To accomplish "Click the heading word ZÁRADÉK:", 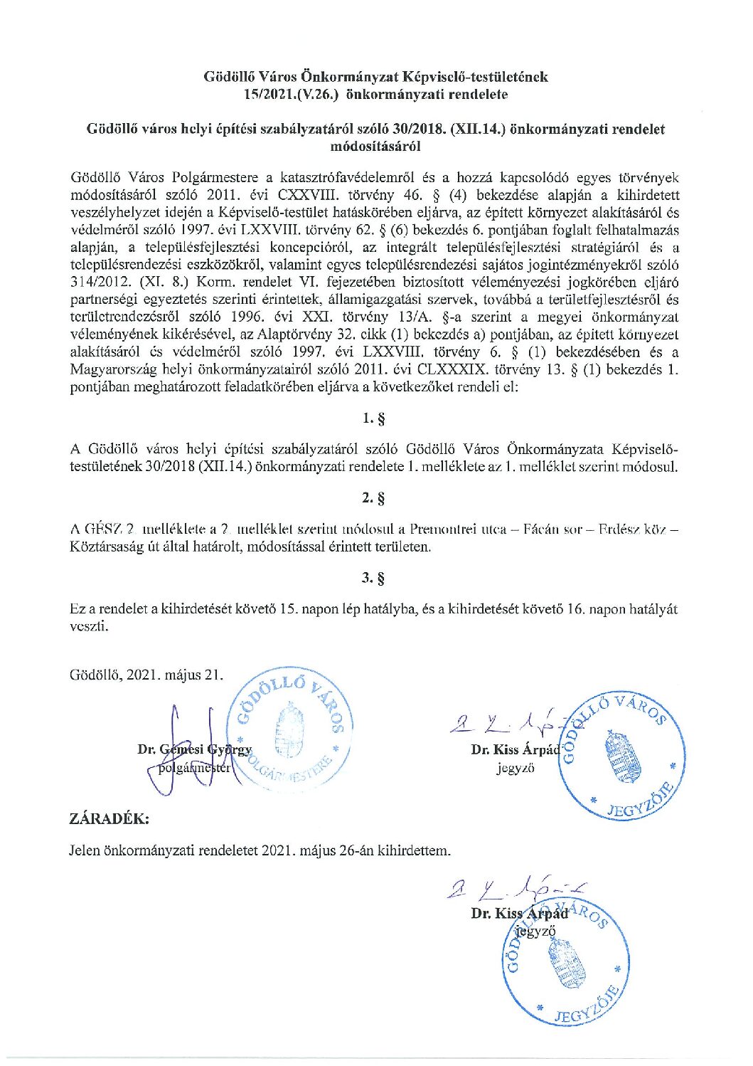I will pyautogui.click(x=110, y=818).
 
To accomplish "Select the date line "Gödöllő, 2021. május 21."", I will pyautogui.click(x=146, y=675).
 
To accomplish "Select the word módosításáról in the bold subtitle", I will pyautogui.click(x=376, y=147).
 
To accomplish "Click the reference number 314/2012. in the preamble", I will pyautogui.click(x=99, y=280).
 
